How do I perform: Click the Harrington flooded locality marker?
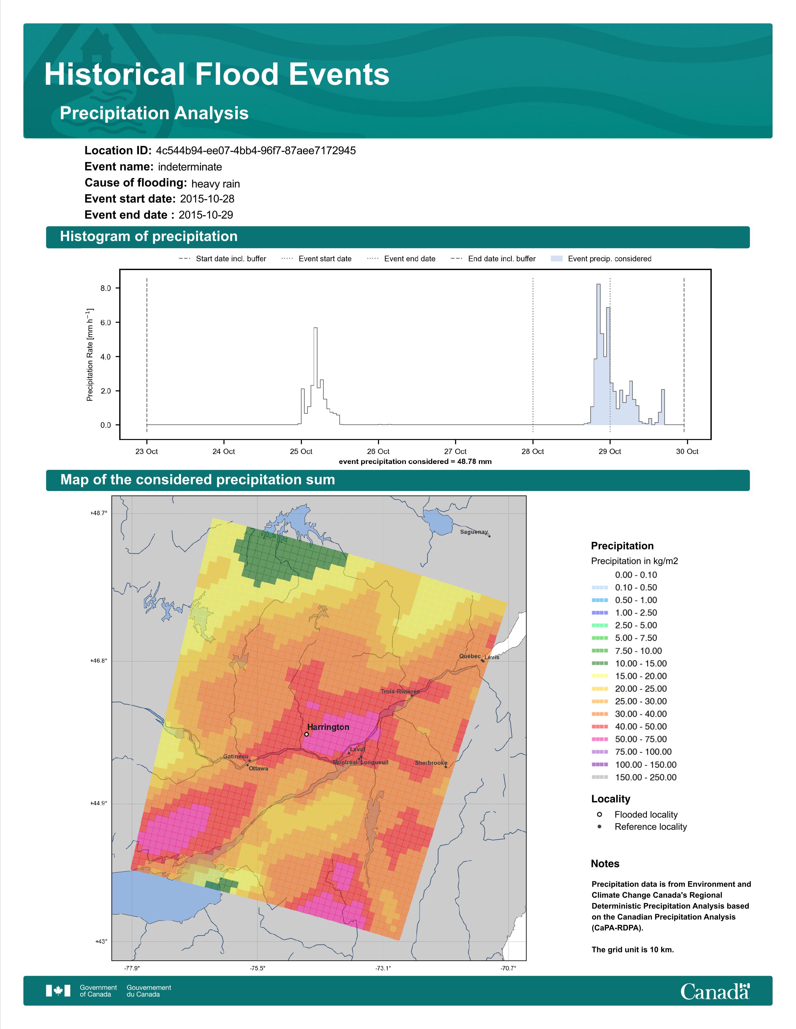click(307, 734)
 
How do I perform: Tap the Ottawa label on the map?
click(258, 768)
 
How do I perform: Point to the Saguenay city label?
click(474, 532)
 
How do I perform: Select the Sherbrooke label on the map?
click(431, 763)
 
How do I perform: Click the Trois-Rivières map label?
click(400, 692)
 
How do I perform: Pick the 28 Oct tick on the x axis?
click(533, 452)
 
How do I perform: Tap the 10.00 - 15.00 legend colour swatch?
click(599, 663)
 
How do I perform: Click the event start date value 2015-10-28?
click(207, 199)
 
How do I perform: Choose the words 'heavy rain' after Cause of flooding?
click(215, 184)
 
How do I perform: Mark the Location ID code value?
click(256, 151)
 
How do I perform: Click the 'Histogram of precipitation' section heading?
click(149, 237)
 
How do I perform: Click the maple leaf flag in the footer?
click(58, 991)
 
